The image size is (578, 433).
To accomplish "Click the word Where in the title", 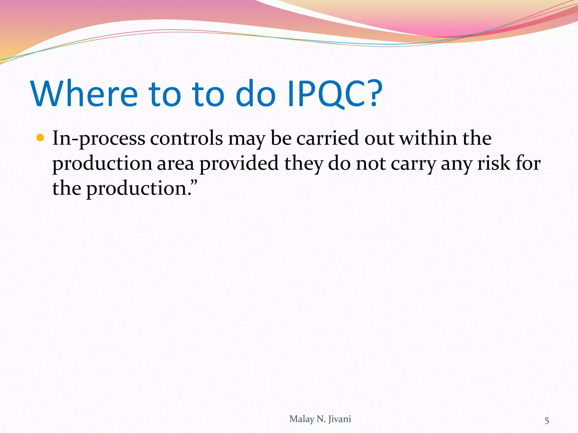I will (84, 94).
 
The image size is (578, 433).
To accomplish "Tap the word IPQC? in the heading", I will (335, 94).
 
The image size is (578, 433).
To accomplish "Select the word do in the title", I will (255, 94).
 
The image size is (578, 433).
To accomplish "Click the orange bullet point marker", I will (41, 138).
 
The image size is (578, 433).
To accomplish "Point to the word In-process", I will (99, 139).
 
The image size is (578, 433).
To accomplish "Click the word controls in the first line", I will (187, 139).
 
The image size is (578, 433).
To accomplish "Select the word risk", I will (494, 164).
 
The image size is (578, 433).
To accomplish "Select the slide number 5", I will (547, 421).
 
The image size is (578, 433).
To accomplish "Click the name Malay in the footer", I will (301, 419).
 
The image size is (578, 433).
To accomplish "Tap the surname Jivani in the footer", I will (340, 419).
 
